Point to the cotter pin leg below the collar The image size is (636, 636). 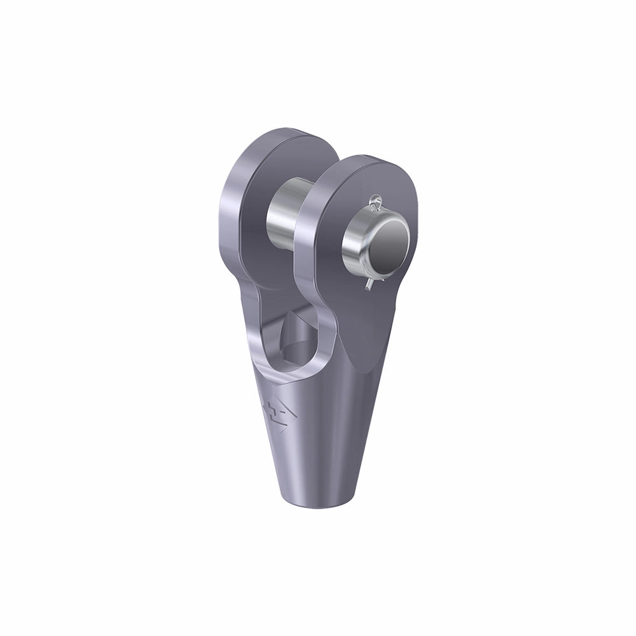pos(369,286)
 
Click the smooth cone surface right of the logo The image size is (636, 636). pos(337,432)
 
